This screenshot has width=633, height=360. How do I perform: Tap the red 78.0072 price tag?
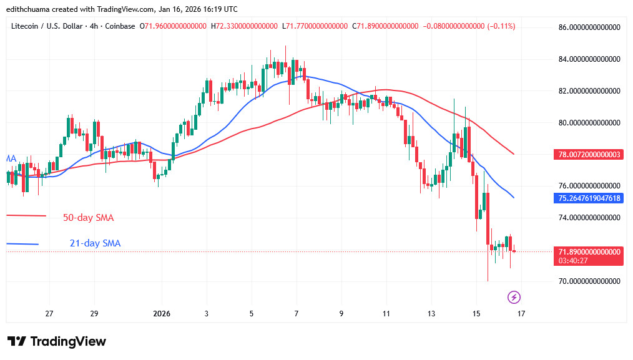tap(589, 154)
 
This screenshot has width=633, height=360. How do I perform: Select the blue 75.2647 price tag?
tap(589, 198)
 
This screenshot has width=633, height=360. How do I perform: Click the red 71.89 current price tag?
tap(589, 251)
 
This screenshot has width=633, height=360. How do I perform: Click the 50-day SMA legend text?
tap(88, 218)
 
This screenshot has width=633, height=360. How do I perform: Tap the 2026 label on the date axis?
tap(161, 313)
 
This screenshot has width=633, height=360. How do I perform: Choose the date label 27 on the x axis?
tap(49, 313)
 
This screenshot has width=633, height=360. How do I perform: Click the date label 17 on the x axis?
tap(521, 313)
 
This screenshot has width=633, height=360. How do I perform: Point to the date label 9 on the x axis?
tap(341, 313)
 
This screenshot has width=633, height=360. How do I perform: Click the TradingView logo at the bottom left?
tap(57, 341)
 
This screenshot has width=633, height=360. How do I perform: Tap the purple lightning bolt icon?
tap(515, 297)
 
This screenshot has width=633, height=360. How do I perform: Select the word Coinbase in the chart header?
tap(119, 26)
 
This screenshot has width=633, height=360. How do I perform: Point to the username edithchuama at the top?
tap(30, 9)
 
